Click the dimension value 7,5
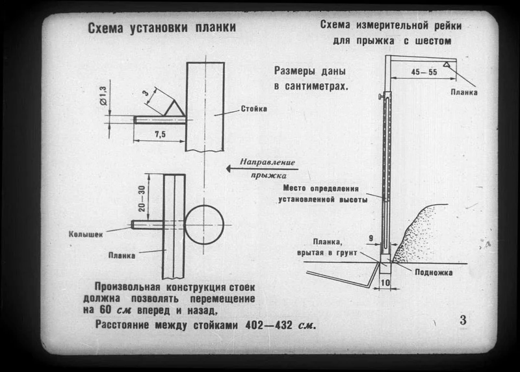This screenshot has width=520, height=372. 160,134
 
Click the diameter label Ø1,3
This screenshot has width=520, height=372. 103,95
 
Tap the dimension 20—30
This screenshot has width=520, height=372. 142,199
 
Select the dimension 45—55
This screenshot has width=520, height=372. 424,72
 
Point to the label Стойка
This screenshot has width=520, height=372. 253,108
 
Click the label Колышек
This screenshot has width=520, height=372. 86,234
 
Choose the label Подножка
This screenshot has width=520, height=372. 434,272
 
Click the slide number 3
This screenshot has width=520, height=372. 463,320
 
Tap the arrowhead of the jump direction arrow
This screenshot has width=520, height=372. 229,169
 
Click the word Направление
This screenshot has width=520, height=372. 267,162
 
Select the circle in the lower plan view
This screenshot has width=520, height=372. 204,225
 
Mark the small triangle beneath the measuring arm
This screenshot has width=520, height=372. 447,64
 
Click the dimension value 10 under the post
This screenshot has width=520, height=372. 385,282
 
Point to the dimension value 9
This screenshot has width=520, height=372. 371,238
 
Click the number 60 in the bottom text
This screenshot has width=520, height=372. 106,311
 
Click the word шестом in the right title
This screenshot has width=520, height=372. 433,41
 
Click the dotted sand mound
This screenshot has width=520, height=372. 415,235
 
